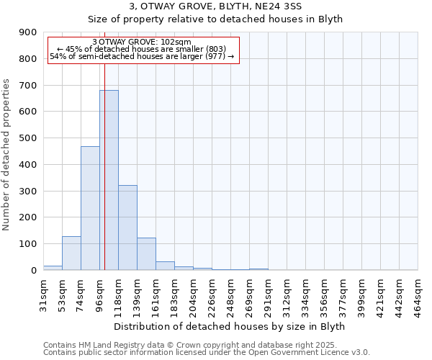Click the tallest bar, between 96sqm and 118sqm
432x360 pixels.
[109, 180]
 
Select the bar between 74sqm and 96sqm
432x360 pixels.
[90, 208]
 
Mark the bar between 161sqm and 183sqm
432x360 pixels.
[165, 266]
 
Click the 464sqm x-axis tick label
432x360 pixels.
[418, 293]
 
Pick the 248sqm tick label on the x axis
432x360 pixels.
[230, 293]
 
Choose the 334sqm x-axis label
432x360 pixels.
[305, 293]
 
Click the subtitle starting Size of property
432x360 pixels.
[215, 19]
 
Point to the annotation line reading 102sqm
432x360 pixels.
[141, 42]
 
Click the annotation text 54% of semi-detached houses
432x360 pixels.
[141, 56]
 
